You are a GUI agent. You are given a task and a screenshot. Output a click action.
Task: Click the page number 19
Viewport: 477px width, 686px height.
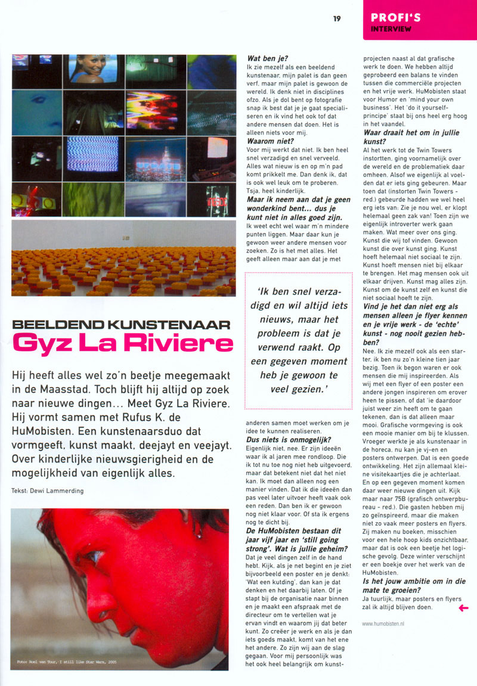(337, 18)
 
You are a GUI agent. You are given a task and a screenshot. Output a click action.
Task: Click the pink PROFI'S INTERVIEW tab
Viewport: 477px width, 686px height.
(419, 20)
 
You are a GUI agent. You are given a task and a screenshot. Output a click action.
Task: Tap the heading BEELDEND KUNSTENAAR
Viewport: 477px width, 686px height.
(121, 325)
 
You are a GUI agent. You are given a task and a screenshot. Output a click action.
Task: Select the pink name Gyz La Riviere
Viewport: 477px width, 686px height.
(122, 344)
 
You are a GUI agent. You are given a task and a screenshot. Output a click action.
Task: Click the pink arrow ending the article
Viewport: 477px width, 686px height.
(462, 607)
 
